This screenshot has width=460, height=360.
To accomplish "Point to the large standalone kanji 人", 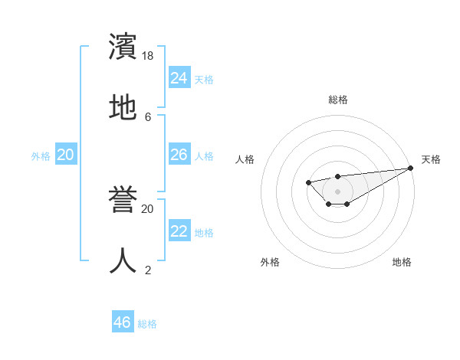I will coord(123,260).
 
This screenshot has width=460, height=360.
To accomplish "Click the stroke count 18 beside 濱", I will coord(148,56).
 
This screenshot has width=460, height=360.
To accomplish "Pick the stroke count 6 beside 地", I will coord(148,116).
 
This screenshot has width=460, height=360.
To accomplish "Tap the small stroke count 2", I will coord(148,270).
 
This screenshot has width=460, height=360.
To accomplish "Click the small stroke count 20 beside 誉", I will coord(148,208).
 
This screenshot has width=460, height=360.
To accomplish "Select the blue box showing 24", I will coord(179,78).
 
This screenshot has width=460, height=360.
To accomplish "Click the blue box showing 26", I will coord(179,155).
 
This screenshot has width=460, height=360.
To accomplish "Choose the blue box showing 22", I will coord(179,231).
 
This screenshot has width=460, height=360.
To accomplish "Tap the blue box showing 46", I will coord(123,322).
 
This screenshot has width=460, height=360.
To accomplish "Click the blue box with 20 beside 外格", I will coord(65,155).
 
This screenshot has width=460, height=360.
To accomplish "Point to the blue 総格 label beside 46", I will coord(147,324).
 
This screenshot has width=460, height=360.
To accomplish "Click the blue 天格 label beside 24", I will coord(204,80).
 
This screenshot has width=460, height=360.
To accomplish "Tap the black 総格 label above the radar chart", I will coord(338,100).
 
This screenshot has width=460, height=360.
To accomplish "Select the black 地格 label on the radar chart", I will coord(402,262).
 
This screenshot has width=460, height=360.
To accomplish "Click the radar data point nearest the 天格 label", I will coord(411,169).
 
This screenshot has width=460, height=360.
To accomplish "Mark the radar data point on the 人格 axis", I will coord(308,182).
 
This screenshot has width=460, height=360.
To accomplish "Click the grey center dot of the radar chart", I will coord(337,191).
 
